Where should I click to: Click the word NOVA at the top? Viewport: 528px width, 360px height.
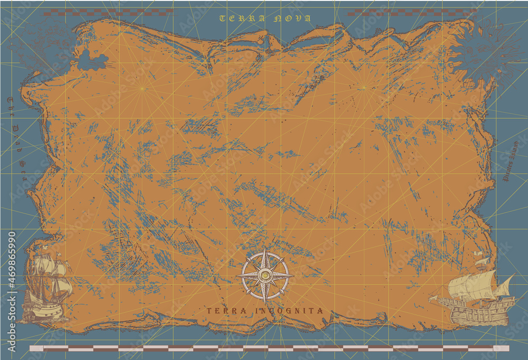(x=293, y=18)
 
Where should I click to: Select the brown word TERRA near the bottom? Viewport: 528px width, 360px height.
(x=226, y=311)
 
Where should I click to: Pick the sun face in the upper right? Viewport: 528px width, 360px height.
(x=486, y=53)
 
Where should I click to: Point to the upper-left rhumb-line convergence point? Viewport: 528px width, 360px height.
(x=142, y=88)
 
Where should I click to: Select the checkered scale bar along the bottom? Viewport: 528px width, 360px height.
(x=269, y=348)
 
